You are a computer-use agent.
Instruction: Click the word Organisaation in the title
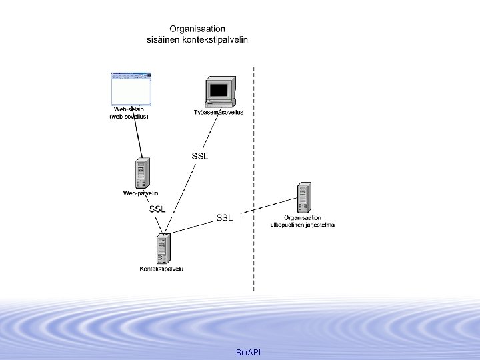coord(197,29)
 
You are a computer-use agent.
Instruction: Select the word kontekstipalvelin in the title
coord(215,39)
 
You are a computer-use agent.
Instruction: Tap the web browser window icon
coord(131,87)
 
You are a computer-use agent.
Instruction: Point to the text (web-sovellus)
coord(129,117)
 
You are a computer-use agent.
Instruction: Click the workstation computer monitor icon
coord(220,92)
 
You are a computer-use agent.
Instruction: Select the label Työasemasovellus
coord(219,112)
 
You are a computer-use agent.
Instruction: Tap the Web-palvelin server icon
coord(141,173)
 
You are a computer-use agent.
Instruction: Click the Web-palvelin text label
coord(141,193)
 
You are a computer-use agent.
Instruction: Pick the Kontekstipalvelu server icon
coord(162,249)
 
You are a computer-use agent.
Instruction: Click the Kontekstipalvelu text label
coord(162,269)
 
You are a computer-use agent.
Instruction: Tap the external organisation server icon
coord(304,197)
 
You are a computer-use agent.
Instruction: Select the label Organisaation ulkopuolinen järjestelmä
coord(302,221)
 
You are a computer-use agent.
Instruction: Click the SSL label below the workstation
coord(200,156)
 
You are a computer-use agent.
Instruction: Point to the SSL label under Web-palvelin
coord(157,209)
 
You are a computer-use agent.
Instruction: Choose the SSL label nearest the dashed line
coord(225,217)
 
